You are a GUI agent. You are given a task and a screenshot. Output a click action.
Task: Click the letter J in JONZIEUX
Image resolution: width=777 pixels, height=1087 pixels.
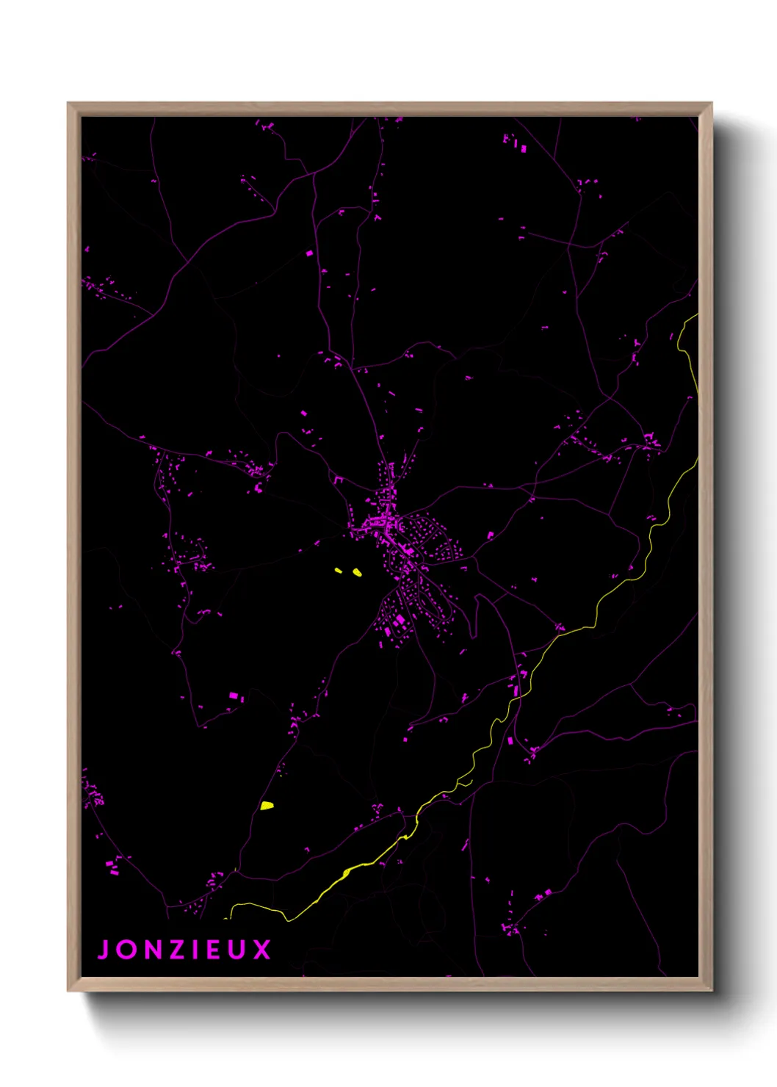[104, 950]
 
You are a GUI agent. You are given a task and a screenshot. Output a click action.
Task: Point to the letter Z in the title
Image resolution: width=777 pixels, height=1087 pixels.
[178, 950]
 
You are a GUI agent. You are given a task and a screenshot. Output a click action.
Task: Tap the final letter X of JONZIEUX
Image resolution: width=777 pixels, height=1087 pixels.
[262, 950]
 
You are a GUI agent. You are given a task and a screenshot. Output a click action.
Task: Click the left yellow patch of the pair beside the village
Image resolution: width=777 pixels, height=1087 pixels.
[339, 570]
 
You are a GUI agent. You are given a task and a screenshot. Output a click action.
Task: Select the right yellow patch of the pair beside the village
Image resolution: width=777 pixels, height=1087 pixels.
[357, 572]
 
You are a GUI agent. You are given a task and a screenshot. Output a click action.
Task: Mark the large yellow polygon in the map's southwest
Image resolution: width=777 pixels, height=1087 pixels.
[267, 806]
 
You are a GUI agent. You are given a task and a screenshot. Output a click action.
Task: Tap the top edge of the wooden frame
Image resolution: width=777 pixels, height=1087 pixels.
[389, 109]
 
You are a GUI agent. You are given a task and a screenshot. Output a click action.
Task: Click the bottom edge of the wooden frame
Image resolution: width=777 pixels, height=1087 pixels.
[389, 984]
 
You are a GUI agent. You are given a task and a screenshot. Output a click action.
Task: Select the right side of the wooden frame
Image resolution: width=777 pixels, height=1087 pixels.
[705, 547]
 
